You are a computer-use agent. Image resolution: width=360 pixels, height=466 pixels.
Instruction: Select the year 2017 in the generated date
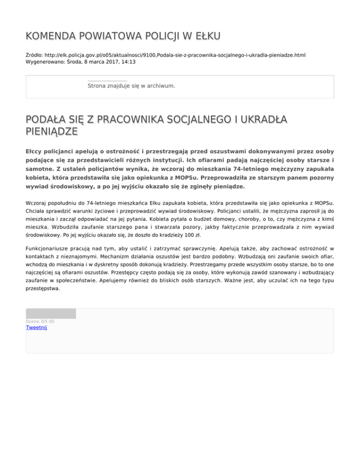(104, 61)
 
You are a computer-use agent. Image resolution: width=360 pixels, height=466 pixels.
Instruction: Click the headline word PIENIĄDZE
(52, 133)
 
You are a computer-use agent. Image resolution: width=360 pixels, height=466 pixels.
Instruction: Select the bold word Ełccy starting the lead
(36, 152)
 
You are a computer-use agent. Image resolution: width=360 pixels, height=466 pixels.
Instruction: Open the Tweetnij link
(36, 327)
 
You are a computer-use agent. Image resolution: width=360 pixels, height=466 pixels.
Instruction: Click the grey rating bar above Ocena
(51, 313)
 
